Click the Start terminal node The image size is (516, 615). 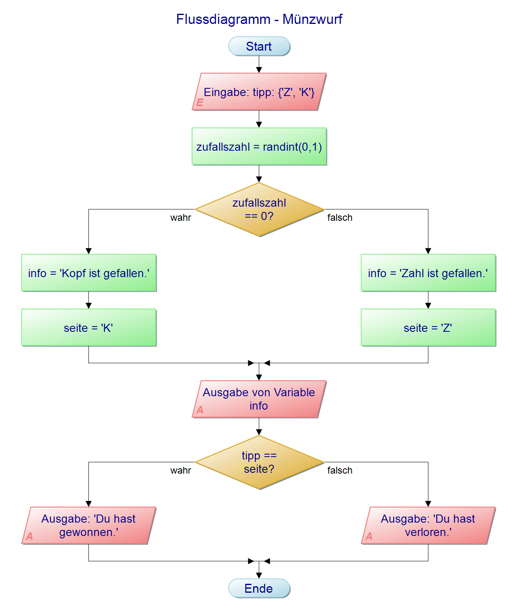[x=259, y=46]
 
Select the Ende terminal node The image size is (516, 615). [x=259, y=588]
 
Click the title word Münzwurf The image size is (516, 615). [x=312, y=19]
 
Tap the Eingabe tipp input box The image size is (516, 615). [x=259, y=92]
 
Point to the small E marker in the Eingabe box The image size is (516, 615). [x=200, y=103]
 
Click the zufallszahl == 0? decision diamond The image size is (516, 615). [x=259, y=209]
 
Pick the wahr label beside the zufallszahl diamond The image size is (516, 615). [x=181, y=218]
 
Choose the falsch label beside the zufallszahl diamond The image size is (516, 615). [x=340, y=218]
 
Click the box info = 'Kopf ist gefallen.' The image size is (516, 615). [x=88, y=273]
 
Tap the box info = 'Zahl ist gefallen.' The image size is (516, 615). [x=428, y=273]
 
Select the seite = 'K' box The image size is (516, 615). [x=88, y=328]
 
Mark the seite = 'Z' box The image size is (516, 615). [x=428, y=328]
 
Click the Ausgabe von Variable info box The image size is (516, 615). [x=259, y=399]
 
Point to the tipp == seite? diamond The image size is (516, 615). [x=259, y=462]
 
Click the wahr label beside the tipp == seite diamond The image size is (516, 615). [x=181, y=470]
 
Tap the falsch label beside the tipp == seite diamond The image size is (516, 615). [x=340, y=470]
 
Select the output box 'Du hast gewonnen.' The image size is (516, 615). [x=88, y=525]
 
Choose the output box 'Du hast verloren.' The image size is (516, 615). [x=428, y=525]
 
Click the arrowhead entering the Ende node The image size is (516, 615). [x=259, y=576]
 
